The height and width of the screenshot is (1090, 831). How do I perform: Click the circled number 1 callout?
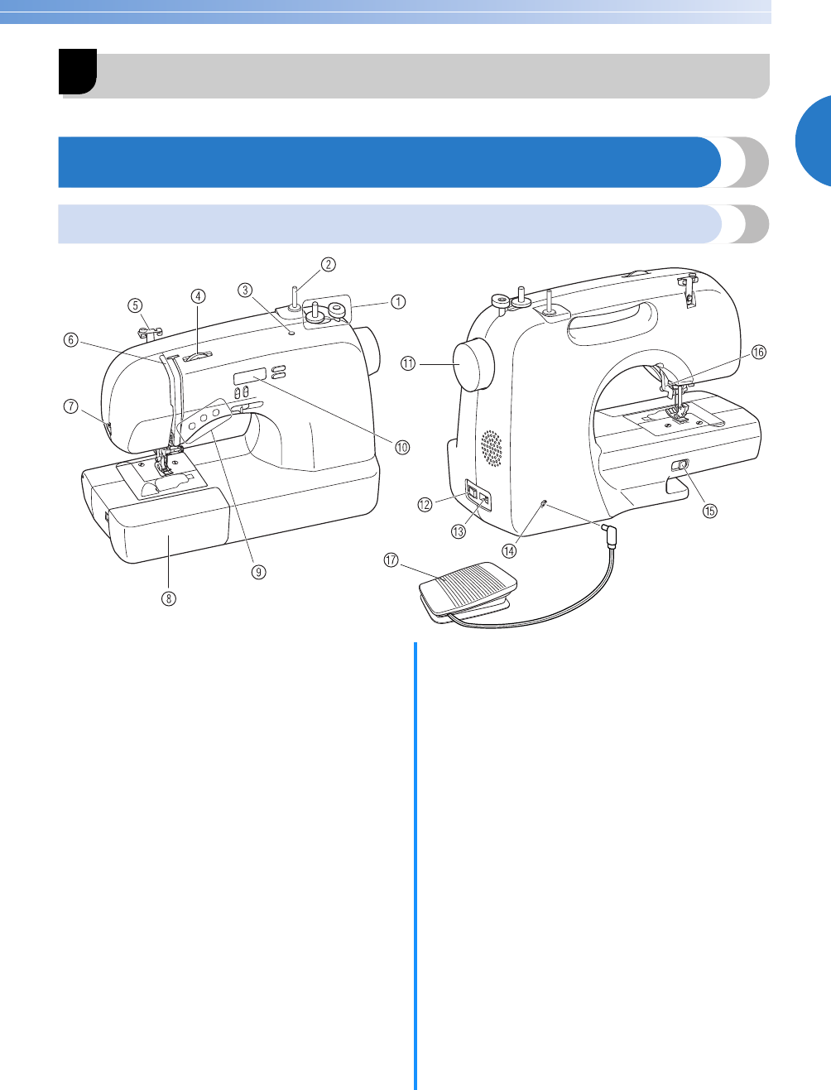398,301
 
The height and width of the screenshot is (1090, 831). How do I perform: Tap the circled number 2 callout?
328,264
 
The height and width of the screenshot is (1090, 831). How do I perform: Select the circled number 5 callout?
136,305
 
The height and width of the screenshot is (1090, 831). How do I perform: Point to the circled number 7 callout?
71,406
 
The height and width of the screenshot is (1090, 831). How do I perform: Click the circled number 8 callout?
169,598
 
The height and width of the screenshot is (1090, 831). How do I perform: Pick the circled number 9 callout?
258,572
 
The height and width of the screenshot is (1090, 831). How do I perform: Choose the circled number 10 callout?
402,448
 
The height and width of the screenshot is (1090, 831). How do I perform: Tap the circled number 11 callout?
408,364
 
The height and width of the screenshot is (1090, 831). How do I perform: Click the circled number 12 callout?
425,505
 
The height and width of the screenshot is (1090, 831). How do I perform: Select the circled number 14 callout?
509,550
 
